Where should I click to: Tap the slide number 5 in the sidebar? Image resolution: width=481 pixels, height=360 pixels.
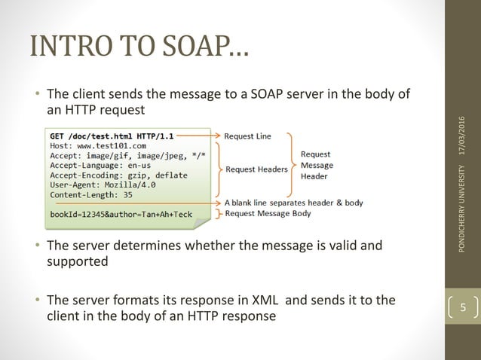pyautogui.click(x=463, y=308)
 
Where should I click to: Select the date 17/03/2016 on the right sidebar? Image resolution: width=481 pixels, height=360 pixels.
pyautogui.click(x=462, y=136)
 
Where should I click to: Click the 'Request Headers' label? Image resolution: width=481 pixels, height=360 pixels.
pyautogui.click(x=256, y=169)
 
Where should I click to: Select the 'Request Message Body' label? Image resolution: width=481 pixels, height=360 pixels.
pyautogui.click(x=270, y=214)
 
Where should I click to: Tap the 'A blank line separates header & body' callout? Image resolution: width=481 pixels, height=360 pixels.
pyautogui.click(x=293, y=203)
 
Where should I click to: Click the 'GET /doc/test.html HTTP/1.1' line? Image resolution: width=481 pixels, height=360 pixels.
pyautogui.click(x=112, y=136)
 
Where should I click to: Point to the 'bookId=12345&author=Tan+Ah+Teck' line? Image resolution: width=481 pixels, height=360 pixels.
pyautogui.click(x=121, y=214)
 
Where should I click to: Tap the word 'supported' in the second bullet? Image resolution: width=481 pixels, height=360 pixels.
pyautogui.click(x=78, y=261)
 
